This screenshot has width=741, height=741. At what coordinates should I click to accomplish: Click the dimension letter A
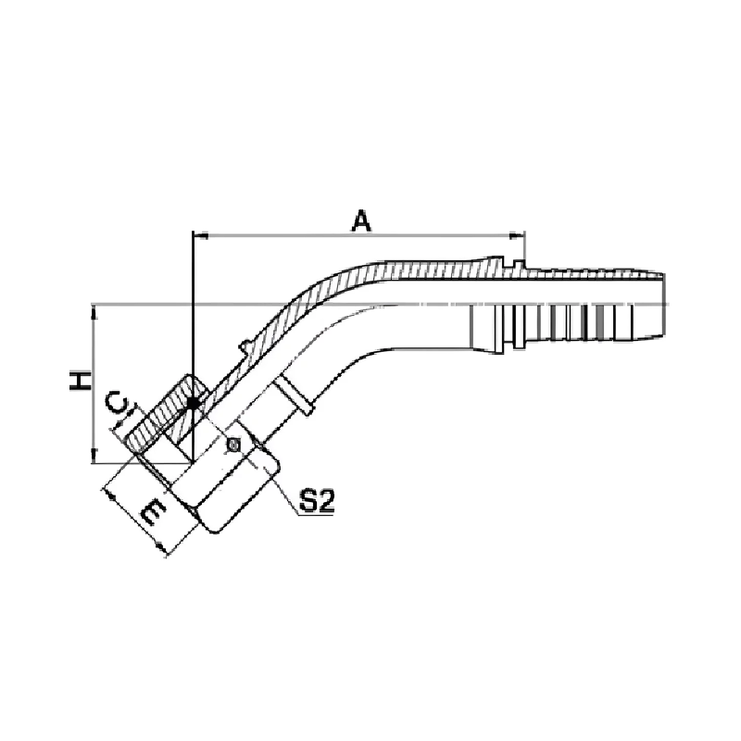(361, 221)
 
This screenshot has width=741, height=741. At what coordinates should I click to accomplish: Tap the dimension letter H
(81, 381)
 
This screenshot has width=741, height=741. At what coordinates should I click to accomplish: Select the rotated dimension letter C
(117, 403)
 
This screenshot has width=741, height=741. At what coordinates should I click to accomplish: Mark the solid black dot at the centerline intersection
(193, 403)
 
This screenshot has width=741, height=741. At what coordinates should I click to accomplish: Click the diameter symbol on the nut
(233, 445)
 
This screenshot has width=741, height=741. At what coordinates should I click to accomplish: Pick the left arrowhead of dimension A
(201, 235)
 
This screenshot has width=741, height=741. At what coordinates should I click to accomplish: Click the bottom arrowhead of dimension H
(94, 456)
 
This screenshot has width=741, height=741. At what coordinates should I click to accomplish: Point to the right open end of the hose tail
(663, 305)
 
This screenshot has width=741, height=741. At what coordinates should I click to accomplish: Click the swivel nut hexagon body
(227, 482)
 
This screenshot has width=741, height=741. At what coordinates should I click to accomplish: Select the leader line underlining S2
(316, 514)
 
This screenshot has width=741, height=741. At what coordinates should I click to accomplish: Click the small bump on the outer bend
(245, 346)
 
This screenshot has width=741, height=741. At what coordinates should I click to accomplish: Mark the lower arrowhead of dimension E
(161, 550)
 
